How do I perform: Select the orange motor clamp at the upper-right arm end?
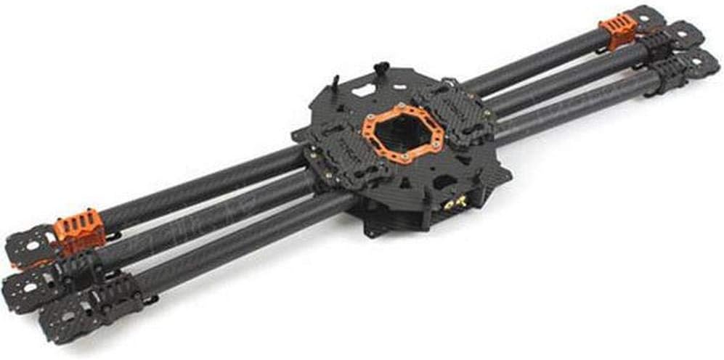pyautogui.click(x=617, y=30)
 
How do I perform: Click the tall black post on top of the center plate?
pyautogui.click(x=381, y=71)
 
